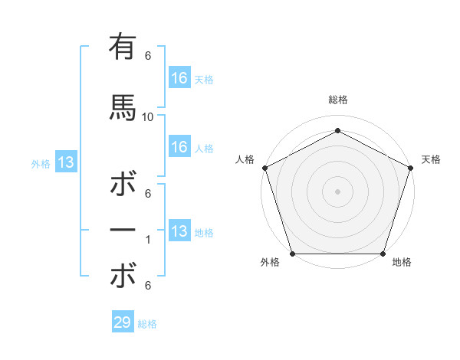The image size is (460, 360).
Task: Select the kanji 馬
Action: (x=123, y=106)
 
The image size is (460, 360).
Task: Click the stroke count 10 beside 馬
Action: (x=148, y=117)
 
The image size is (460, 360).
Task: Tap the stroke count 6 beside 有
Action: (x=148, y=56)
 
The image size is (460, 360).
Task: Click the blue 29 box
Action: (x=123, y=322)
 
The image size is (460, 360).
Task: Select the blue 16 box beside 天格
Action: (x=179, y=78)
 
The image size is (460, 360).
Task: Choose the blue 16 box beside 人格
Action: (x=179, y=147)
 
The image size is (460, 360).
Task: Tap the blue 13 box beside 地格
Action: (x=179, y=231)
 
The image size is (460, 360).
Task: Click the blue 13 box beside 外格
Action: (x=66, y=162)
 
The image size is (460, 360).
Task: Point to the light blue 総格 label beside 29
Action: (x=147, y=324)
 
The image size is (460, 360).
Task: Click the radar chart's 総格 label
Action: (x=338, y=100)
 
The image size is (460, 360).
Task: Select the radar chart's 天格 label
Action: (x=431, y=159)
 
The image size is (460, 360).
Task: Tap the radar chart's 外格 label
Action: (x=270, y=263)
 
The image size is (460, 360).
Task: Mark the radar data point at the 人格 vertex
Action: (x=264, y=168)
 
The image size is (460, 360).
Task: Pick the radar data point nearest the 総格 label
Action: (x=338, y=131)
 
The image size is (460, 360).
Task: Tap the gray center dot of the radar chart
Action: (x=338, y=191)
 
